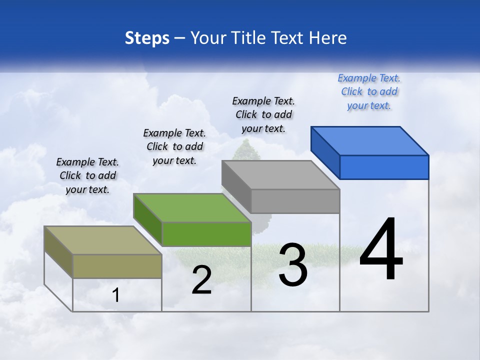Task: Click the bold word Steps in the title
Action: [147, 38]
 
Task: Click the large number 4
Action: [381, 250]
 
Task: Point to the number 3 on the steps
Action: [293, 265]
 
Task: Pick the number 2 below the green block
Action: [201, 280]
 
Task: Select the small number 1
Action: [116, 295]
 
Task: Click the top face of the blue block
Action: [370, 140]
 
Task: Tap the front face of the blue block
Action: [384, 167]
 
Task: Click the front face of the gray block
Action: [295, 201]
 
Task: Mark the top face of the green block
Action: [192, 207]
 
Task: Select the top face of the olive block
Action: [103, 240]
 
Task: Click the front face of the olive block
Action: [117, 266]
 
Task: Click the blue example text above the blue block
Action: [369, 91]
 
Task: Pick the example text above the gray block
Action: [264, 114]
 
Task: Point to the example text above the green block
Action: [174, 146]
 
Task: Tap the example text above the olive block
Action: [87, 175]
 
